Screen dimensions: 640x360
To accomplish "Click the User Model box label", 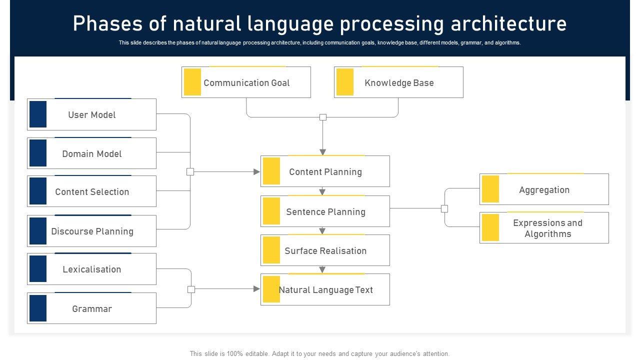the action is click(91, 115).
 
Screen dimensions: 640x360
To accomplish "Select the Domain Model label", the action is click(91, 153).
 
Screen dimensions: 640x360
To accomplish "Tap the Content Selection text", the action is click(92, 191).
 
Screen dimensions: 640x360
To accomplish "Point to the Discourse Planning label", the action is click(92, 231).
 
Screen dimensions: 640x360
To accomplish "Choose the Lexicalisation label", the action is click(91, 269).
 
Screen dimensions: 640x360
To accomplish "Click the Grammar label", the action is click(91, 308).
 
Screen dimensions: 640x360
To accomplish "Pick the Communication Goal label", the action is click(246, 83).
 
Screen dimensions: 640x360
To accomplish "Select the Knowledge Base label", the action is click(399, 83).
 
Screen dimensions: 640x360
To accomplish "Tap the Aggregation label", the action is click(544, 190).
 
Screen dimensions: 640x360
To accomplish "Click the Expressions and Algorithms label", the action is click(547, 228).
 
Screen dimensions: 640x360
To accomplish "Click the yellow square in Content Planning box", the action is click(271, 171).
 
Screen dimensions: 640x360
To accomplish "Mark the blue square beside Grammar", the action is click(38, 308).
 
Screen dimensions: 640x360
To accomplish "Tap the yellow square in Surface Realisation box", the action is click(271, 250).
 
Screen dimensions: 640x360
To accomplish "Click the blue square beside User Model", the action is click(38, 114).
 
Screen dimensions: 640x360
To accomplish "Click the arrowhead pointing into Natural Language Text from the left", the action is click(256, 289).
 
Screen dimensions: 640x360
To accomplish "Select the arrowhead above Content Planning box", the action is click(323, 152).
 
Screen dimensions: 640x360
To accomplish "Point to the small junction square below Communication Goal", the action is click(323, 117).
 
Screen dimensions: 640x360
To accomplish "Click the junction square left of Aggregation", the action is click(444, 208).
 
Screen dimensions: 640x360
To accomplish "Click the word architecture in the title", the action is click(508, 23).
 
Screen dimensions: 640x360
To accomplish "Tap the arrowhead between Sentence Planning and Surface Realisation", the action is click(322, 230).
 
